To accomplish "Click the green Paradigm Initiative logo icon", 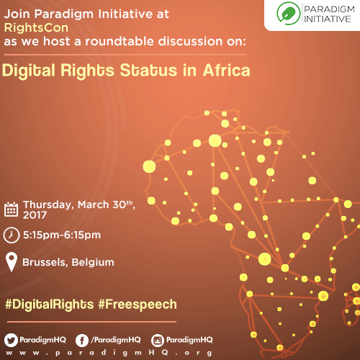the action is (288, 14).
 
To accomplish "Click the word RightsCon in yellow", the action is (36, 27).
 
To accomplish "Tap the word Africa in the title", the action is (227, 71).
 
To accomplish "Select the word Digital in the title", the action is (29, 71).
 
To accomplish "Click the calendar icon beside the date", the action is (11, 210).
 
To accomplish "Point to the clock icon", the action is (12, 235).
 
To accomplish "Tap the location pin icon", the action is (12, 261).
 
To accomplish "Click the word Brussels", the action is (45, 262).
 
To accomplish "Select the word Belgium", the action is (93, 263).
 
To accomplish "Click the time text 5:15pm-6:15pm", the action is (62, 235).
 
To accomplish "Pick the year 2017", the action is (35, 215).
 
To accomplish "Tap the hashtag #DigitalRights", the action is (50, 305).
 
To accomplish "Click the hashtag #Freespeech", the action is (138, 305).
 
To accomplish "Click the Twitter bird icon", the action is (11, 340).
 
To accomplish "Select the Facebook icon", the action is (82, 341).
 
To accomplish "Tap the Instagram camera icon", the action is (158, 341).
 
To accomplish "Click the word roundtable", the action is (120, 41).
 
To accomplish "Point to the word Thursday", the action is (48, 204).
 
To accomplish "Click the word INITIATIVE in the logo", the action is (328, 19).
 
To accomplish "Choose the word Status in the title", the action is (148, 71).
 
